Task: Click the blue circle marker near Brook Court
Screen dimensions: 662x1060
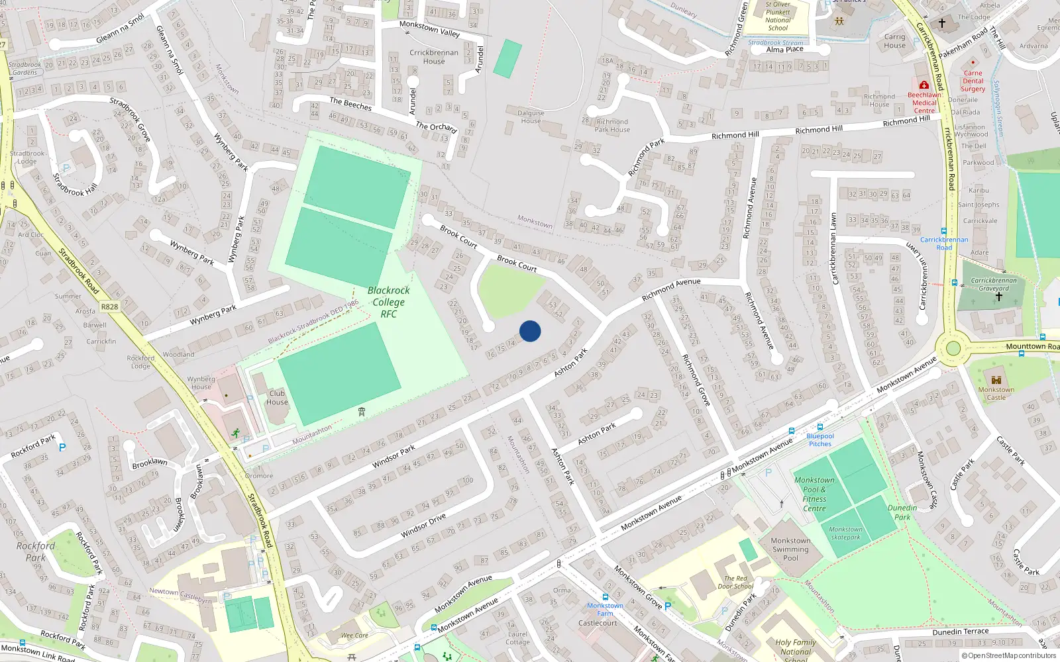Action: [x=530, y=331]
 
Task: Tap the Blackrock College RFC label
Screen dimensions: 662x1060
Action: [x=389, y=302]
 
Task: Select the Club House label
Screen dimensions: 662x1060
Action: [x=277, y=397]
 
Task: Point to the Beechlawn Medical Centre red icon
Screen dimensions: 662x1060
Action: [x=924, y=85]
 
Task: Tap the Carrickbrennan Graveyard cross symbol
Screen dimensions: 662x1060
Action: [x=998, y=297]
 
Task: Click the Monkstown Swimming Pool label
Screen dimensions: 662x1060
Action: [x=790, y=549]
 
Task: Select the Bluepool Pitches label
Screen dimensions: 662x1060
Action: [x=820, y=440]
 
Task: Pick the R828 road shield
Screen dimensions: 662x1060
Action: [x=109, y=307]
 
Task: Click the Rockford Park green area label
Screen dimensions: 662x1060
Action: [x=36, y=551]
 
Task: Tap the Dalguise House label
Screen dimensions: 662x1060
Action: [x=531, y=117]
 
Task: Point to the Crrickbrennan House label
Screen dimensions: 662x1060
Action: [x=434, y=57]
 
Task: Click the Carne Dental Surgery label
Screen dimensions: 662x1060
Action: [x=973, y=81]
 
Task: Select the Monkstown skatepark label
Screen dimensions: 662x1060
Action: [x=845, y=533]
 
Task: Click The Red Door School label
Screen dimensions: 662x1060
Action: [x=735, y=582]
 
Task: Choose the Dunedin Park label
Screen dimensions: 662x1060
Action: [x=902, y=512]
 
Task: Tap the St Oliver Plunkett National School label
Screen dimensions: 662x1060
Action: [x=778, y=16]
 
